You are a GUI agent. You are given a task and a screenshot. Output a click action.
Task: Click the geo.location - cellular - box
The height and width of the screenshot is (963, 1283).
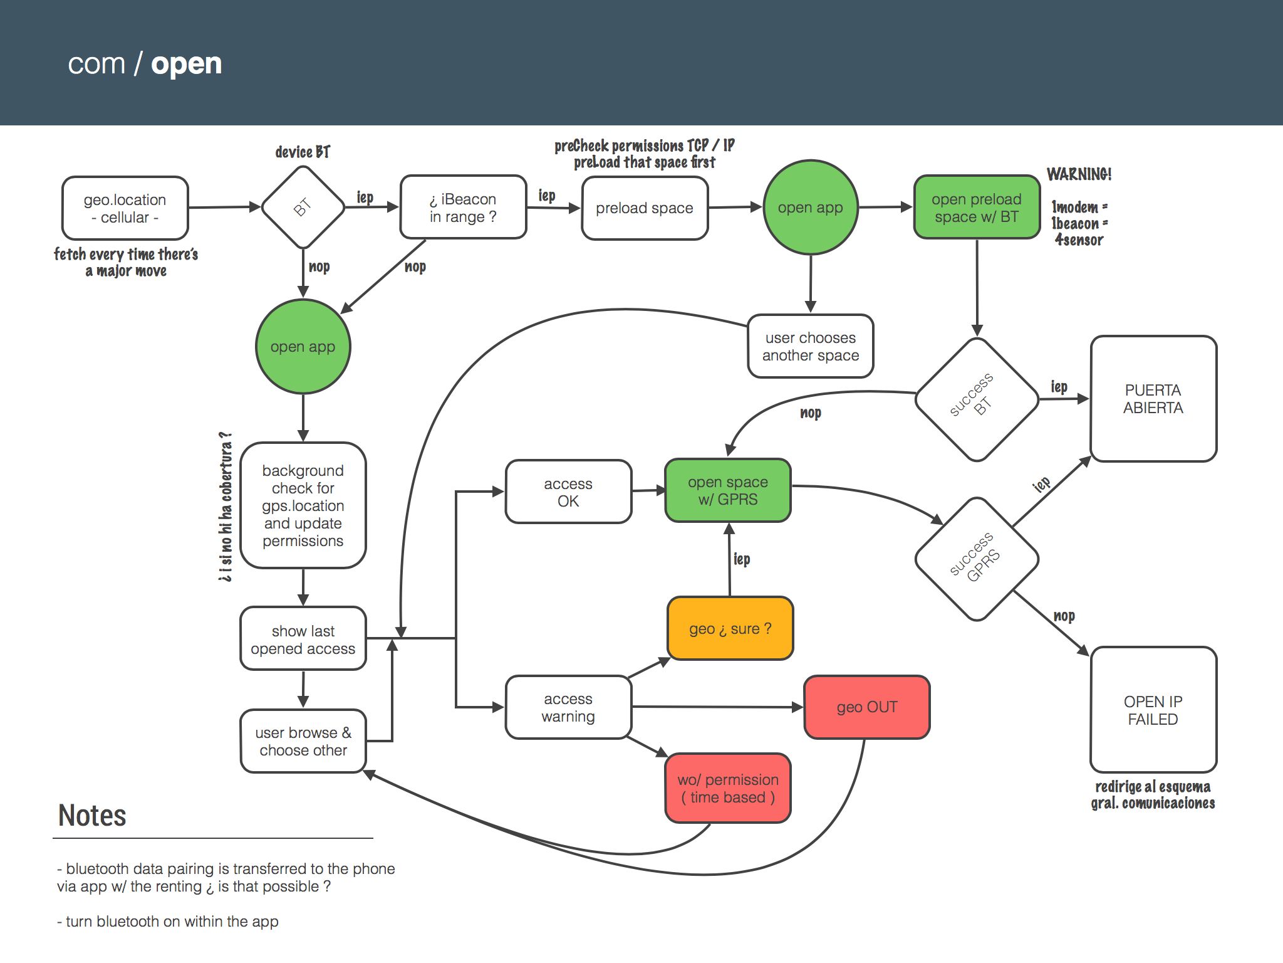pyautogui.click(x=125, y=208)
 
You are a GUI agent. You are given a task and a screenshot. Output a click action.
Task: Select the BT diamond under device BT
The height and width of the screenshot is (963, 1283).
pyautogui.click(x=303, y=207)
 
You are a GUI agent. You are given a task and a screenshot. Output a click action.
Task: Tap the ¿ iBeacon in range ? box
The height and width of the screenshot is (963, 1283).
pyautogui.click(x=463, y=208)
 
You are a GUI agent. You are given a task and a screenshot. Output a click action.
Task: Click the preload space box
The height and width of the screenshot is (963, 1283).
pyautogui.click(x=645, y=208)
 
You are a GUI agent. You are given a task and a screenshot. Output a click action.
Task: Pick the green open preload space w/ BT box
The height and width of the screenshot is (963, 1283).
pyautogui.click(x=977, y=208)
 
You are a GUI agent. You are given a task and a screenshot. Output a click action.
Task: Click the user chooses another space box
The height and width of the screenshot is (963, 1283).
pyautogui.click(x=811, y=346)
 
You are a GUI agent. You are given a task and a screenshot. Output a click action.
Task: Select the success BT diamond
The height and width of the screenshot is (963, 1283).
pyautogui.click(x=977, y=399)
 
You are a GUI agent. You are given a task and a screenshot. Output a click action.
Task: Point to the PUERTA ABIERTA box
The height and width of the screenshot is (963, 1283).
pyautogui.click(x=1153, y=399)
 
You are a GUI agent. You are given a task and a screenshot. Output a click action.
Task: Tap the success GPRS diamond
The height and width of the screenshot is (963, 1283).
pyautogui.click(x=977, y=559)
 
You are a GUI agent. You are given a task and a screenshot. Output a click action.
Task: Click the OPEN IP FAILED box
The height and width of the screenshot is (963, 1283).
pyautogui.click(x=1153, y=710)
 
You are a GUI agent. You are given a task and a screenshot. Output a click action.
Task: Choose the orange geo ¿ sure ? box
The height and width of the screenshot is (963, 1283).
pyautogui.click(x=730, y=628)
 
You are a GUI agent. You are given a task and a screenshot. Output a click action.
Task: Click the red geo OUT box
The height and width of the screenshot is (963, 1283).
pyautogui.click(x=866, y=707)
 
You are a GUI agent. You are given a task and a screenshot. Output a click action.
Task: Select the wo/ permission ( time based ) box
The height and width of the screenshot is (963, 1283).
pyautogui.click(x=728, y=788)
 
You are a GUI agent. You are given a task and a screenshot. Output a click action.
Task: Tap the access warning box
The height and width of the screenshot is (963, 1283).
pyautogui.click(x=568, y=707)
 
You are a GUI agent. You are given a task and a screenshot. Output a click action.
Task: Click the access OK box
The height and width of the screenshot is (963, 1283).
pyautogui.click(x=568, y=492)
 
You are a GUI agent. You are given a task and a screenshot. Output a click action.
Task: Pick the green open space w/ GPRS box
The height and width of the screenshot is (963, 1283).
pyautogui.click(x=728, y=490)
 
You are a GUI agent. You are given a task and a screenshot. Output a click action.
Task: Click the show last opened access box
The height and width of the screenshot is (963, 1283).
pyautogui.click(x=303, y=639)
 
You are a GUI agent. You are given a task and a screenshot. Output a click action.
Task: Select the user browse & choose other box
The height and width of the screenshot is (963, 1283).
pyautogui.click(x=303, y=741)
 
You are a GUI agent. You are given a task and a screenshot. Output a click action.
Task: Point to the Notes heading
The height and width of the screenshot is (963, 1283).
pyautogui.click(x=92, y=816)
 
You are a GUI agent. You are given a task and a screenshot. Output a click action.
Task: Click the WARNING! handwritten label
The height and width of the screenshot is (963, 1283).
pyautogui.click(x=1079, y=174)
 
